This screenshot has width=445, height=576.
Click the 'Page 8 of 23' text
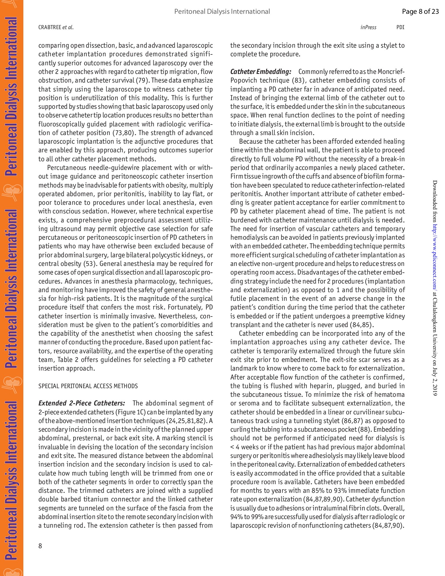tap(420, 12)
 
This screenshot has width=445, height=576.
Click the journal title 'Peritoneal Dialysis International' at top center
tap(222, 12)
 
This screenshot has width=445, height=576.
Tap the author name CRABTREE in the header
tap(50, 28)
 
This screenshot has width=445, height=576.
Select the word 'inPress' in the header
tap(368, 28)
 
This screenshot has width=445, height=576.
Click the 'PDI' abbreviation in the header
tap(400, 28)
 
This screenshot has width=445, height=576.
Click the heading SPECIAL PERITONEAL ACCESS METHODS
tap(88, 386)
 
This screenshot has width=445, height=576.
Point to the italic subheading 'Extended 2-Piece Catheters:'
tap(82, 404)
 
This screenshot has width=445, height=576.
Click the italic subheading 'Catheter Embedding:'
tap(260, 72)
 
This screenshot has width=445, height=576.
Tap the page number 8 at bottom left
tap(40, 546)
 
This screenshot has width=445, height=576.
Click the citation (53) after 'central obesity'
tap(88, 264)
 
